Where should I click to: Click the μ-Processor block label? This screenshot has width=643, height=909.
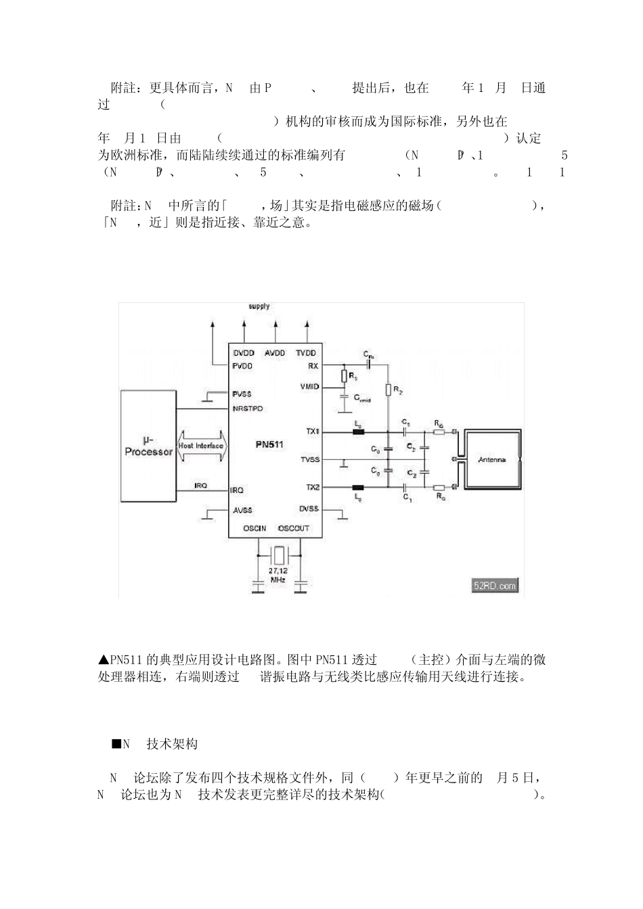[x=149, y=446]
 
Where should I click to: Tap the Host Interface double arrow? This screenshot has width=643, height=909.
[x=202, y=446]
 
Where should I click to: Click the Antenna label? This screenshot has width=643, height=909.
[x=492, y=459]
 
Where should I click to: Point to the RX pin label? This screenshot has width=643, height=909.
[x=313, y=366]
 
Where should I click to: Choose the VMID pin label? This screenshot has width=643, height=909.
[x=309, y=387]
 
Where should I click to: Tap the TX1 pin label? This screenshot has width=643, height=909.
[x=312, y=431]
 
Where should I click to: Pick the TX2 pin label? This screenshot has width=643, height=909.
[x=312, y=487]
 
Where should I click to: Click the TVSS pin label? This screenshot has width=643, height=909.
[x=309, y=460]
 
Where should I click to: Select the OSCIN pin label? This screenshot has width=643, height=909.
[x=254, y=528]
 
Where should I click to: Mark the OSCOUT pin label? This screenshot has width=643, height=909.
[x=293, y=528]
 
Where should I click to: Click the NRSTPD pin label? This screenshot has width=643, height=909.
[x=248, y=409]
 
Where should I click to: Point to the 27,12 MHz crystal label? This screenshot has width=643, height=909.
[x=278, y=576]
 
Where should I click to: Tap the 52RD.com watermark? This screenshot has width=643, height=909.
[x=495, y=586]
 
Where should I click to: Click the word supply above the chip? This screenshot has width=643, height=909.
[x=259, y=306]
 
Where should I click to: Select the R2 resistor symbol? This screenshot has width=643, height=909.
[x=389, y=390]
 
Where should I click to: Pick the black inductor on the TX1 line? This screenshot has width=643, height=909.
[x=357, y=431]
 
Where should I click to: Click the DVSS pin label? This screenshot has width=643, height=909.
[x=309, y=509]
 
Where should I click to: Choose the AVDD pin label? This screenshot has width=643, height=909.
[x=275, y=353]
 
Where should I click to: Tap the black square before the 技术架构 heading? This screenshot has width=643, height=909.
[x=116, y=744]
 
